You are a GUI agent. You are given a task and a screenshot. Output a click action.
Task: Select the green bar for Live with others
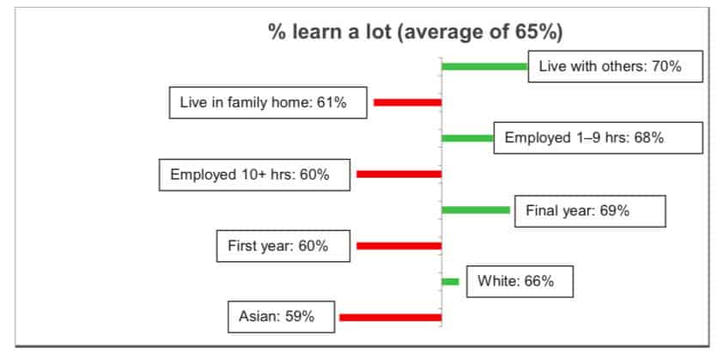tap(485, 66)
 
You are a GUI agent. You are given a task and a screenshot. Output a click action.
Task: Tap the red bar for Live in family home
tap(408, 102)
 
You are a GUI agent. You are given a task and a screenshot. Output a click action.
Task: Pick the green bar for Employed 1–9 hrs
tap(468, 138)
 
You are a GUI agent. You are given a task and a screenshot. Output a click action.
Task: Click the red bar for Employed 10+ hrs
tap(399, 174)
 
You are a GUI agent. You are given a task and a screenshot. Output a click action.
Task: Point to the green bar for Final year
tap(476, 210)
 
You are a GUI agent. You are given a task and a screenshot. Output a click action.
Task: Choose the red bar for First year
tap(399, 246)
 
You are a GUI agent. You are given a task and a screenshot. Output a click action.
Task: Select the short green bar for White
tap(450, 282)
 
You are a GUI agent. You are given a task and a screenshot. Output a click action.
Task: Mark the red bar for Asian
tap(391, 318)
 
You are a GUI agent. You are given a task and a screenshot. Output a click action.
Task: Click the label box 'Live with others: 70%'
tap(616, 66)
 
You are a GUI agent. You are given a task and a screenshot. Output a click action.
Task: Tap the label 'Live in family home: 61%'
tap(268, 102)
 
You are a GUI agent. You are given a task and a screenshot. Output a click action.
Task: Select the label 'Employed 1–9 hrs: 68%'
tap(599, 138)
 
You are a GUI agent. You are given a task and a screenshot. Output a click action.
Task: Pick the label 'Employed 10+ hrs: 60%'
tap(255, 174)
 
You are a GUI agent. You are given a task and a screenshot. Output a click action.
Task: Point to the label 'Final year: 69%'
tap(590, 211)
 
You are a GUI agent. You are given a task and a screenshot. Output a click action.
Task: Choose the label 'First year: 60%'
tap(283, 246)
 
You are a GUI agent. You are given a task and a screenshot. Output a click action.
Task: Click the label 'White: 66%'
tap(520, 282)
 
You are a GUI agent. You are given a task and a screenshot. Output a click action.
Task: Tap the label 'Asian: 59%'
tap(281, 317)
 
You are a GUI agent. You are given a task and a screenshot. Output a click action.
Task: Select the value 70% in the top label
tap(666, 66)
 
